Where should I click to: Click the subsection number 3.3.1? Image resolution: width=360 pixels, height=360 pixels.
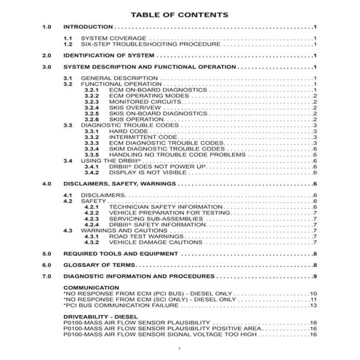91,131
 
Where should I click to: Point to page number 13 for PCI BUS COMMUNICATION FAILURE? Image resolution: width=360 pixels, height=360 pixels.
314,305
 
